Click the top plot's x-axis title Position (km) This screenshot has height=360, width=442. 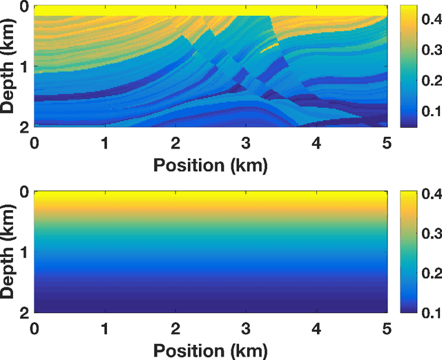(211, 165)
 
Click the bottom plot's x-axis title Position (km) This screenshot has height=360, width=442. (211, 350)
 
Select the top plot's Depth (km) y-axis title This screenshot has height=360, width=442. (9, 67)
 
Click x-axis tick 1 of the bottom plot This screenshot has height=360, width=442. (105, 328)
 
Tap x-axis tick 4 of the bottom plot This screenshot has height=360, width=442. (316, 328)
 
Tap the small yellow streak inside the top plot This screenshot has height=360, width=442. (270, 48)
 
